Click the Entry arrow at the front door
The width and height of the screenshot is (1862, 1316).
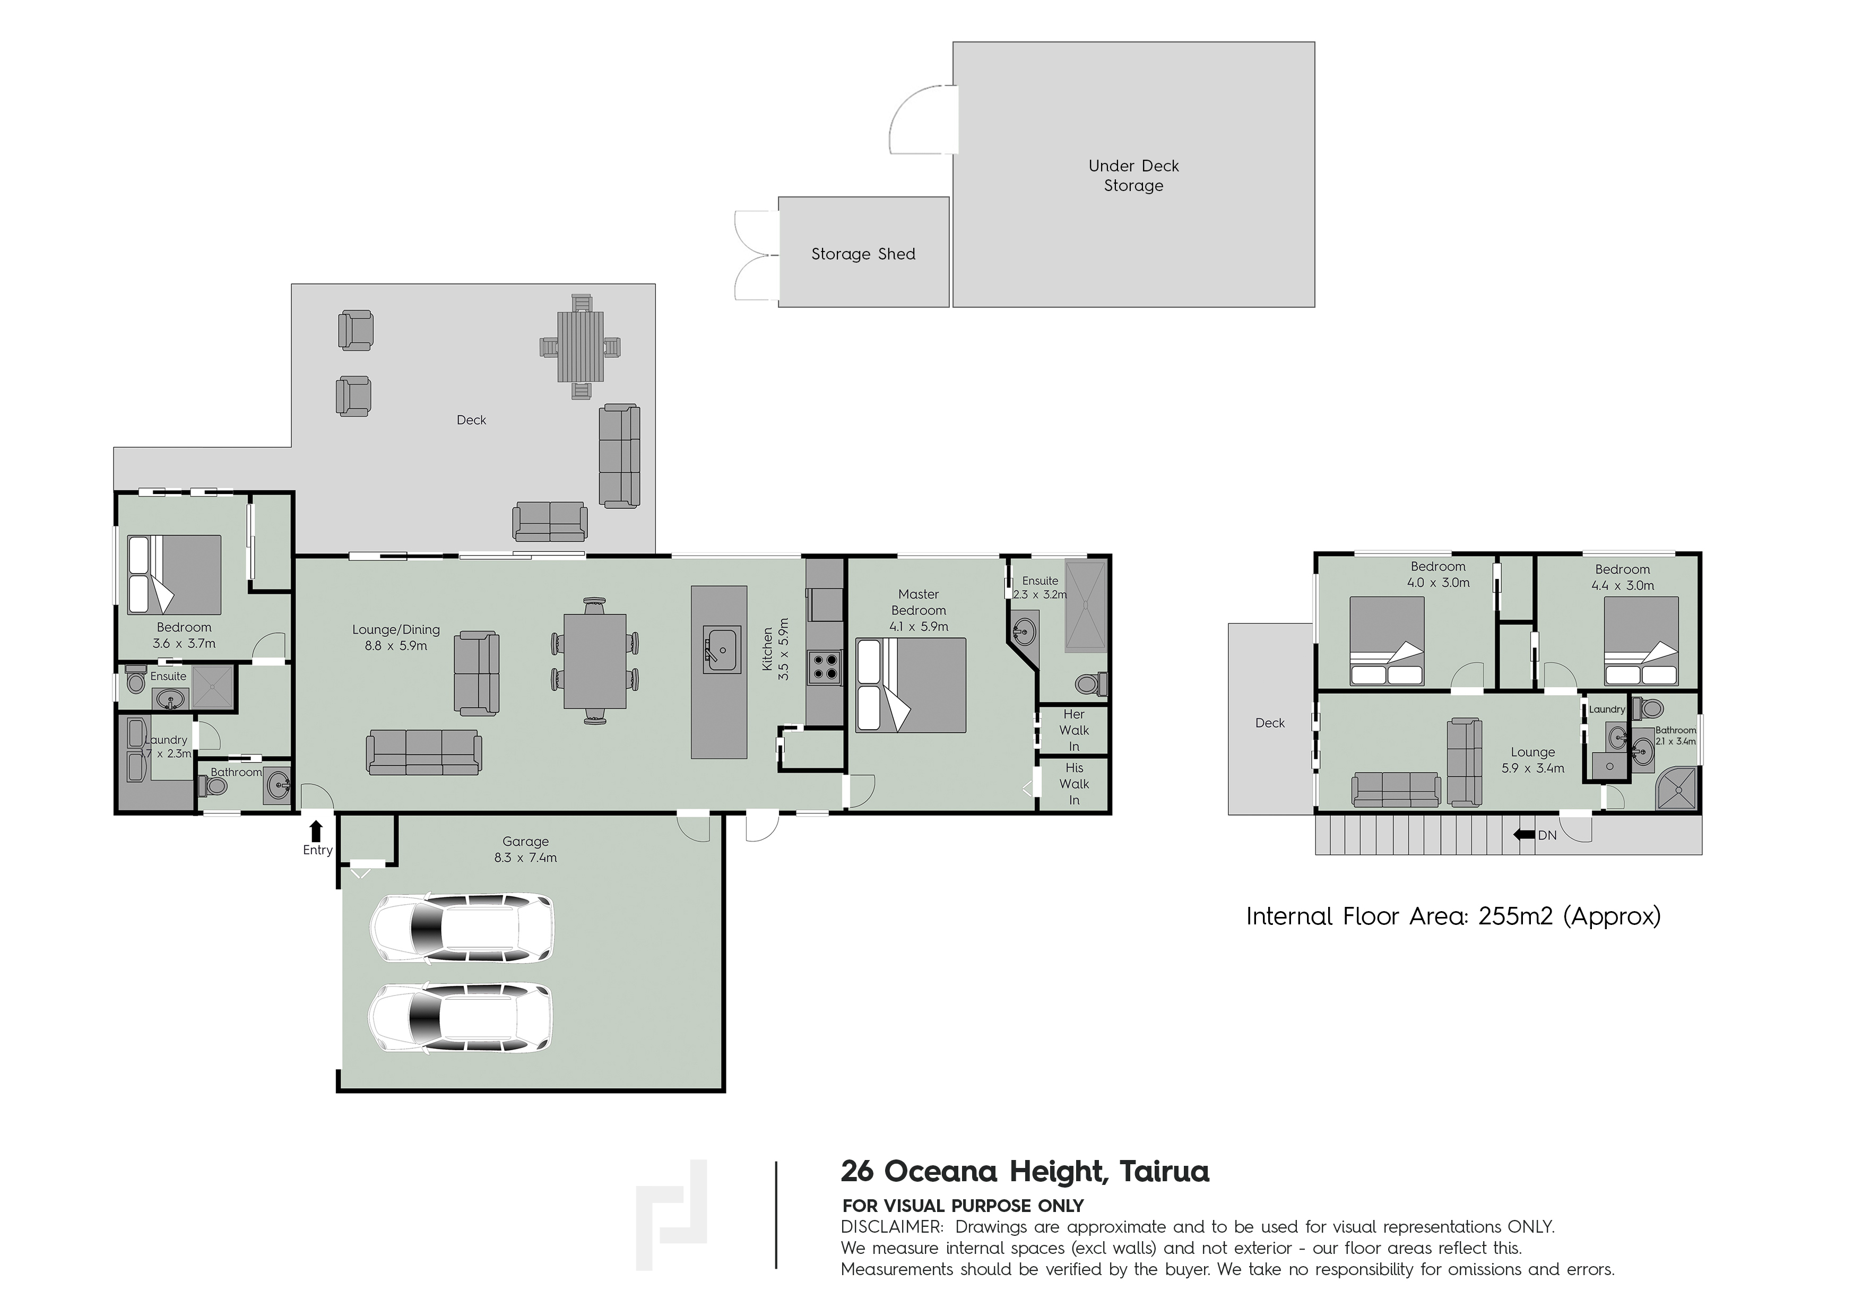point(316,831)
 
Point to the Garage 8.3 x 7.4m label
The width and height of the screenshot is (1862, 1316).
point(525,849)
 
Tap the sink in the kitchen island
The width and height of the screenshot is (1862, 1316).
point(721,650)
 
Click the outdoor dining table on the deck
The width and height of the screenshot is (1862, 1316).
point(581,346)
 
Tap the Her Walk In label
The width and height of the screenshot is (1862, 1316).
point(1073,730)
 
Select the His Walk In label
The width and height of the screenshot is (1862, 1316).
point(1073,783)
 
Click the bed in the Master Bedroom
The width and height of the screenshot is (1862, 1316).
point(911,685)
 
